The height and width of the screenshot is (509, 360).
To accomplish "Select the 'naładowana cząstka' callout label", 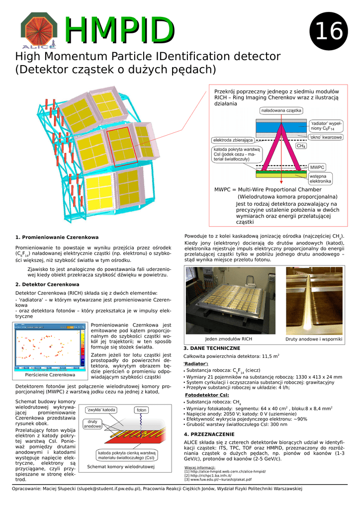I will pos(281,110).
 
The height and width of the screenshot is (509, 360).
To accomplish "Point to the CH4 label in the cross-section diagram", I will pos(301,146).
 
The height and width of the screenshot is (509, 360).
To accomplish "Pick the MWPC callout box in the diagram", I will pos(317,167).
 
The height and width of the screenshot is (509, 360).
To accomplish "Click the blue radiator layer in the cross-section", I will pos(281,127).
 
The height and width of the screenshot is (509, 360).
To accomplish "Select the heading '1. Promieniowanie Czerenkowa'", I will pos(57,237).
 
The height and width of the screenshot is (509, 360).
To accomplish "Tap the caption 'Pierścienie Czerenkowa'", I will pos(50,374).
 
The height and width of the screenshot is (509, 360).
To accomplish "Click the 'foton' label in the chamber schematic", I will pos(142,410).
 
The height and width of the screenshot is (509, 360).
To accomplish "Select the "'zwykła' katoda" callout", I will pos(101,410).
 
